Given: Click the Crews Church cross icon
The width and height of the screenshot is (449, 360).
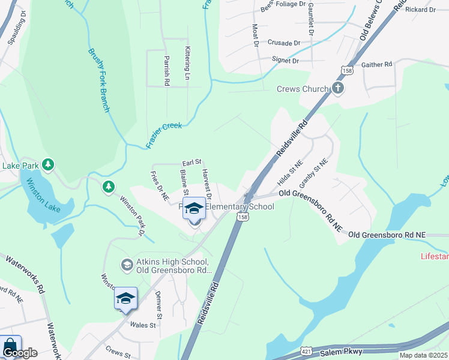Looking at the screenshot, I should tap(338, 89).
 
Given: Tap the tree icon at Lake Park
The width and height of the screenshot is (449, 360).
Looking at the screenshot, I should tap(49, 164).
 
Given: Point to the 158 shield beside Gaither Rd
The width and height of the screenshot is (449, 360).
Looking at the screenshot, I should tap(348, 70).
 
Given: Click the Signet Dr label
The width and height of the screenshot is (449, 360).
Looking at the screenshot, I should tap(285, 60).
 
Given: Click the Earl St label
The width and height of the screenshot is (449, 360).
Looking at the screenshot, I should tap(191, 163).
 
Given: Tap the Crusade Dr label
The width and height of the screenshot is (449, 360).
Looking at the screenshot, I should tap(284, 43).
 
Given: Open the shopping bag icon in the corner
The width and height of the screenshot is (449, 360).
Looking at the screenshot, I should tap(10, 346).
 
